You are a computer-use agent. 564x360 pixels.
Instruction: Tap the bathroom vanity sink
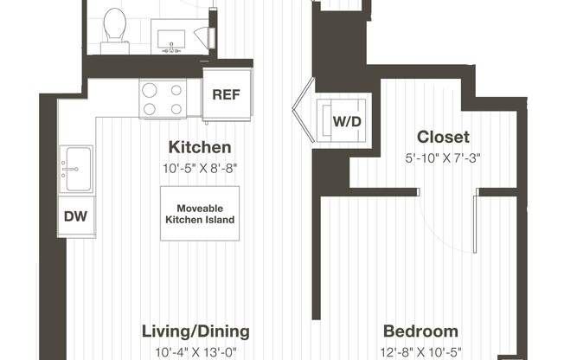[173, 37]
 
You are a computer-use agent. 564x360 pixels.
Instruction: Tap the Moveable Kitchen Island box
[200, 214]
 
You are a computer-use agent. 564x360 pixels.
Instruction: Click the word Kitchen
[199, 147]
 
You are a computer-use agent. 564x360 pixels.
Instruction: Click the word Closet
[443, 137]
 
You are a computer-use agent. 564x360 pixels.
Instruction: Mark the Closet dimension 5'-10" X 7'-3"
[443, 157]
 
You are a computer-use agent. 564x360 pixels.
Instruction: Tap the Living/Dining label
[195, 331]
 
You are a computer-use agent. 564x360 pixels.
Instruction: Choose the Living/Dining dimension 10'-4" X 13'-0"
[195, 352]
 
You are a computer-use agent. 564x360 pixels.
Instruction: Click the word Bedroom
[420, 331]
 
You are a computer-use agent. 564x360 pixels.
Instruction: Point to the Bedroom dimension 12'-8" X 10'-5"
[420, 352]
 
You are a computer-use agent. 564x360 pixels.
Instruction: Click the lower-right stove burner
[176, 108]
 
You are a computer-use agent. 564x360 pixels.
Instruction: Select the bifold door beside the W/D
[302, 112]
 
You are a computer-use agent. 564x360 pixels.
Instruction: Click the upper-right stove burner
[176, 91]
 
